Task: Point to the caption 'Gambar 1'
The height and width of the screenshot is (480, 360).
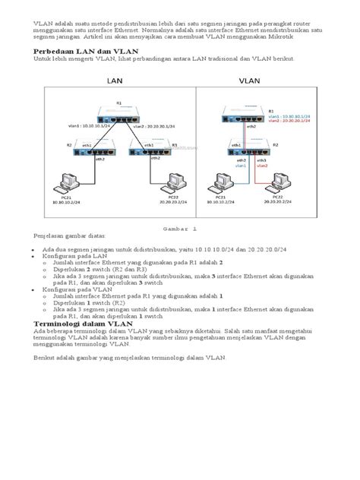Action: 180,227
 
